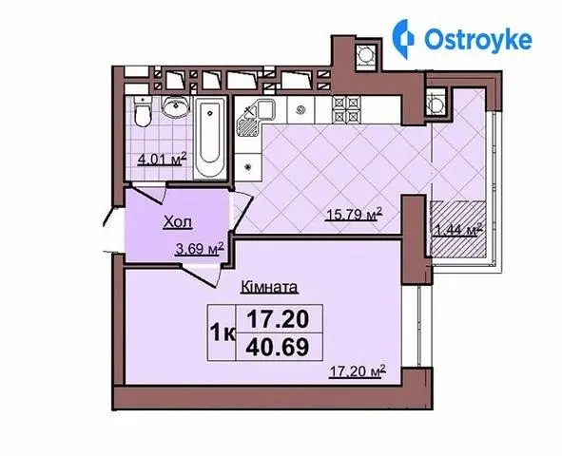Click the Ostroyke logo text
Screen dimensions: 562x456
[x=477, y=40]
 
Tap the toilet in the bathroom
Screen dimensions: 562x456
[x=143, y=111]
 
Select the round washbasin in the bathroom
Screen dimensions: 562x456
[x=175, y=106]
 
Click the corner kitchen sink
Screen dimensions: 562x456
[x=255, y=118]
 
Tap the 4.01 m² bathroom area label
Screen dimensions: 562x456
[x=163, y=159]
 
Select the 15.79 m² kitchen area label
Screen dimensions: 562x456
[x=354, y=215]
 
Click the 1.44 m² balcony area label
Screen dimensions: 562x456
[x=457, y=230]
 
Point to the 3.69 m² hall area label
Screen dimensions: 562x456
[x=200, y=249]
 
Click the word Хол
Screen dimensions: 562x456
[x=178, y=222]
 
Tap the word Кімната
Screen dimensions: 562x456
[x=270, y=287]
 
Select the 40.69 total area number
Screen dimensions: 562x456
[x=278, y=347]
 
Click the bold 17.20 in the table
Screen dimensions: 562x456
[x=278, y=319]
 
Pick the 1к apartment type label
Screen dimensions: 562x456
[x=223, y=333]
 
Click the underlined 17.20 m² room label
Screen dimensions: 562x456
[x=358, y=371]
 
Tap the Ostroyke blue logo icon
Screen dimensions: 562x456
[x=402, y=39]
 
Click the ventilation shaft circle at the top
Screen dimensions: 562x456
[x=366, y=56]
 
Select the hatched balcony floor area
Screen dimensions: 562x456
[x=458, y=229]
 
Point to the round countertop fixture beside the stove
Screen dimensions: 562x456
[x=300, y=109]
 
